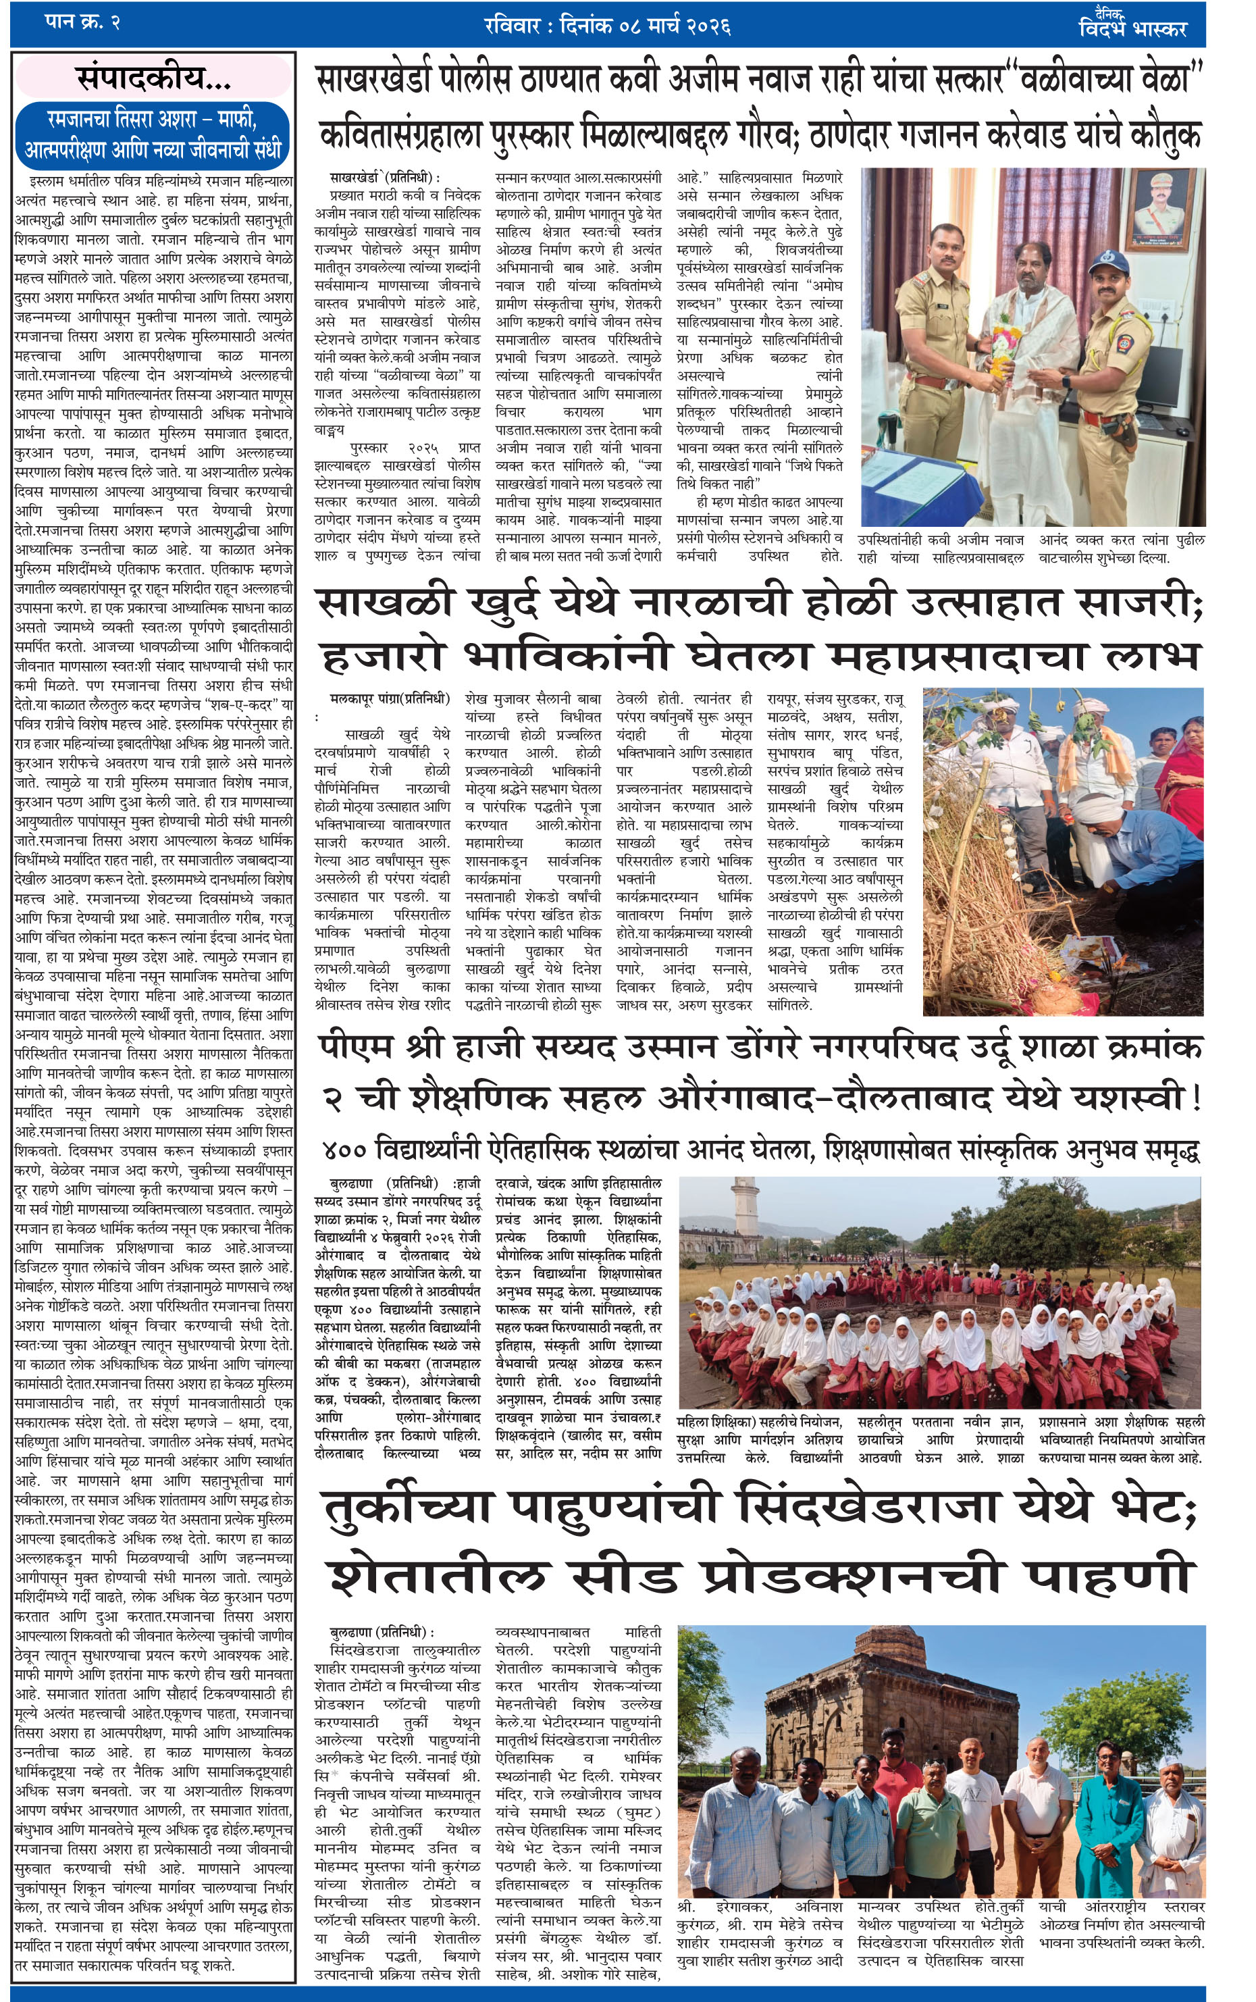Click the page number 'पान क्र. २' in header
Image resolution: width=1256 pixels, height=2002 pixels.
pos(82,22)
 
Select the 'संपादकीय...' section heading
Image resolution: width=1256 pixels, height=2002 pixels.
pos(154,79)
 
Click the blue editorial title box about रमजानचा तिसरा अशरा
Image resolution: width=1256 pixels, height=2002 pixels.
pos(154,134)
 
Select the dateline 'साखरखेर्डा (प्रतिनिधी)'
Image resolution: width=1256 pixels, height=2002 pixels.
pos(384,177)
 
